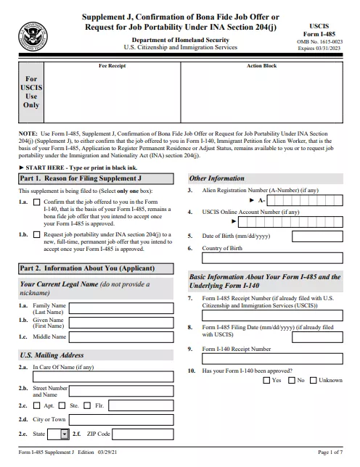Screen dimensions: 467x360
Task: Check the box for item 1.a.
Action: (x=37, y=202)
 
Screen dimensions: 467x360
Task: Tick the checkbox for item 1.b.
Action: (x=37, y=235)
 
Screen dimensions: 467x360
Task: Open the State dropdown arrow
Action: (x=64, y=434)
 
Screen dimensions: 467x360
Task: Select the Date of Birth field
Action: (x=317, y=236)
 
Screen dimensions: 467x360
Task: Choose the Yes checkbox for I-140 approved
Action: (x=266, y=380)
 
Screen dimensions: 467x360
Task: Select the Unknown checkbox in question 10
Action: (x=314, y=380)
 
